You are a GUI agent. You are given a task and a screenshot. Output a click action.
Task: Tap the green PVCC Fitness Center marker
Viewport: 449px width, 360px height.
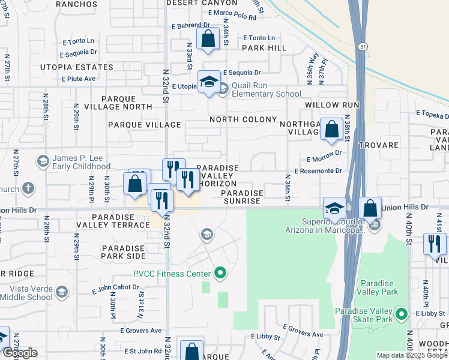(x=220, y=274)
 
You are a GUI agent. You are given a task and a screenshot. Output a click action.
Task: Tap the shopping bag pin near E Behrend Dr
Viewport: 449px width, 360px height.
(x=207, y=40)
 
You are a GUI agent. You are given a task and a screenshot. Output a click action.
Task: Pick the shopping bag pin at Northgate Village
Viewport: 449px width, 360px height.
(x=331, y=130)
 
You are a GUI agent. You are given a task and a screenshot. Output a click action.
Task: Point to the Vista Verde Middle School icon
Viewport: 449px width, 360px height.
(x=61, y=292)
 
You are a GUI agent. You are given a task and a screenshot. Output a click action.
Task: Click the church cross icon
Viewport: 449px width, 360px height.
(x=28, y=188)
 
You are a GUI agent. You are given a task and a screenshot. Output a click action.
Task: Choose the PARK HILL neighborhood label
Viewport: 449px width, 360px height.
(x=264, y=47)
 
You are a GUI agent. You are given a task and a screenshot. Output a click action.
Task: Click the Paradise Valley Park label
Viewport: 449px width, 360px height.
(x=378, y=287)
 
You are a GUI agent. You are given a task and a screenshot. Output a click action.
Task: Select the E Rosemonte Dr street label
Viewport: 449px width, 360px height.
(x=318, y=171)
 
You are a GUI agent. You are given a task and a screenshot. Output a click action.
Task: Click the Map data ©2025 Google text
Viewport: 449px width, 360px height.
(x=412, y=355)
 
